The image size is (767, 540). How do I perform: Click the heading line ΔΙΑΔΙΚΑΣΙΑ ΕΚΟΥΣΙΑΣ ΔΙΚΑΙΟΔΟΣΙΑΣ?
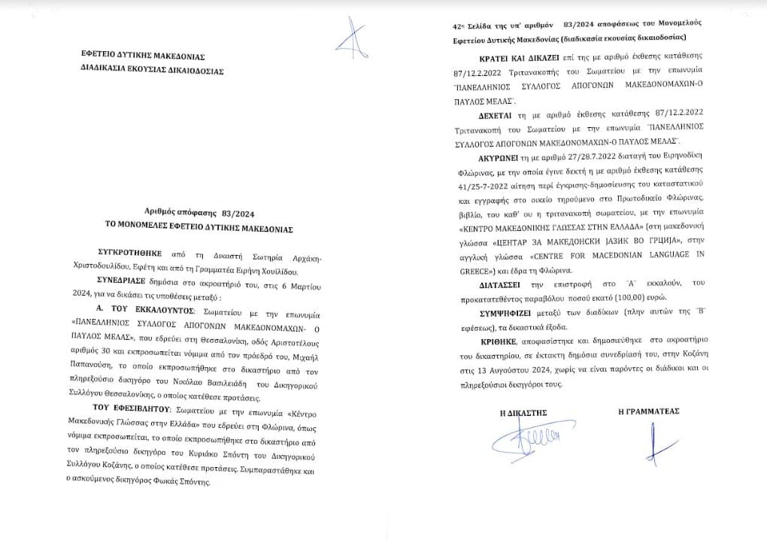[x=153, y=71]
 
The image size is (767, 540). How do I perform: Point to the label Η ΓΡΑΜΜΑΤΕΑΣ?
[x=648, y=412]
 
